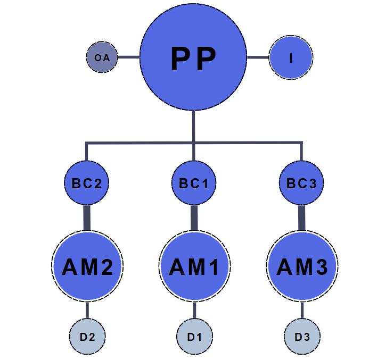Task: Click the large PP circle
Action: coord(193,57)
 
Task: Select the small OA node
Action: coord(102,57)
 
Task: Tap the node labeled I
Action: coord(291,57)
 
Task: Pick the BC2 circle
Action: coord(87,183)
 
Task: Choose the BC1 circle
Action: coord(193,183)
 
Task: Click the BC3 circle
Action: coord(301,183)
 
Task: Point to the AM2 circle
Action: coord(87,266)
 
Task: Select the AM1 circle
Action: coord(194,266)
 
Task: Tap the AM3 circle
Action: coord(301,266)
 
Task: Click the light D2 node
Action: coord(87,337)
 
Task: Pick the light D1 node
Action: coord(194,337)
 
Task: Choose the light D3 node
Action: coord(301,337)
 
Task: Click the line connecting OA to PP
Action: coord(128,57)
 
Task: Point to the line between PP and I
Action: coord(258,57)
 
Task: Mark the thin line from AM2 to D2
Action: coord(87,311)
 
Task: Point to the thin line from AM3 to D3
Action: coord(301,311)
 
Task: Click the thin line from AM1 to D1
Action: coord(194,311)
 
